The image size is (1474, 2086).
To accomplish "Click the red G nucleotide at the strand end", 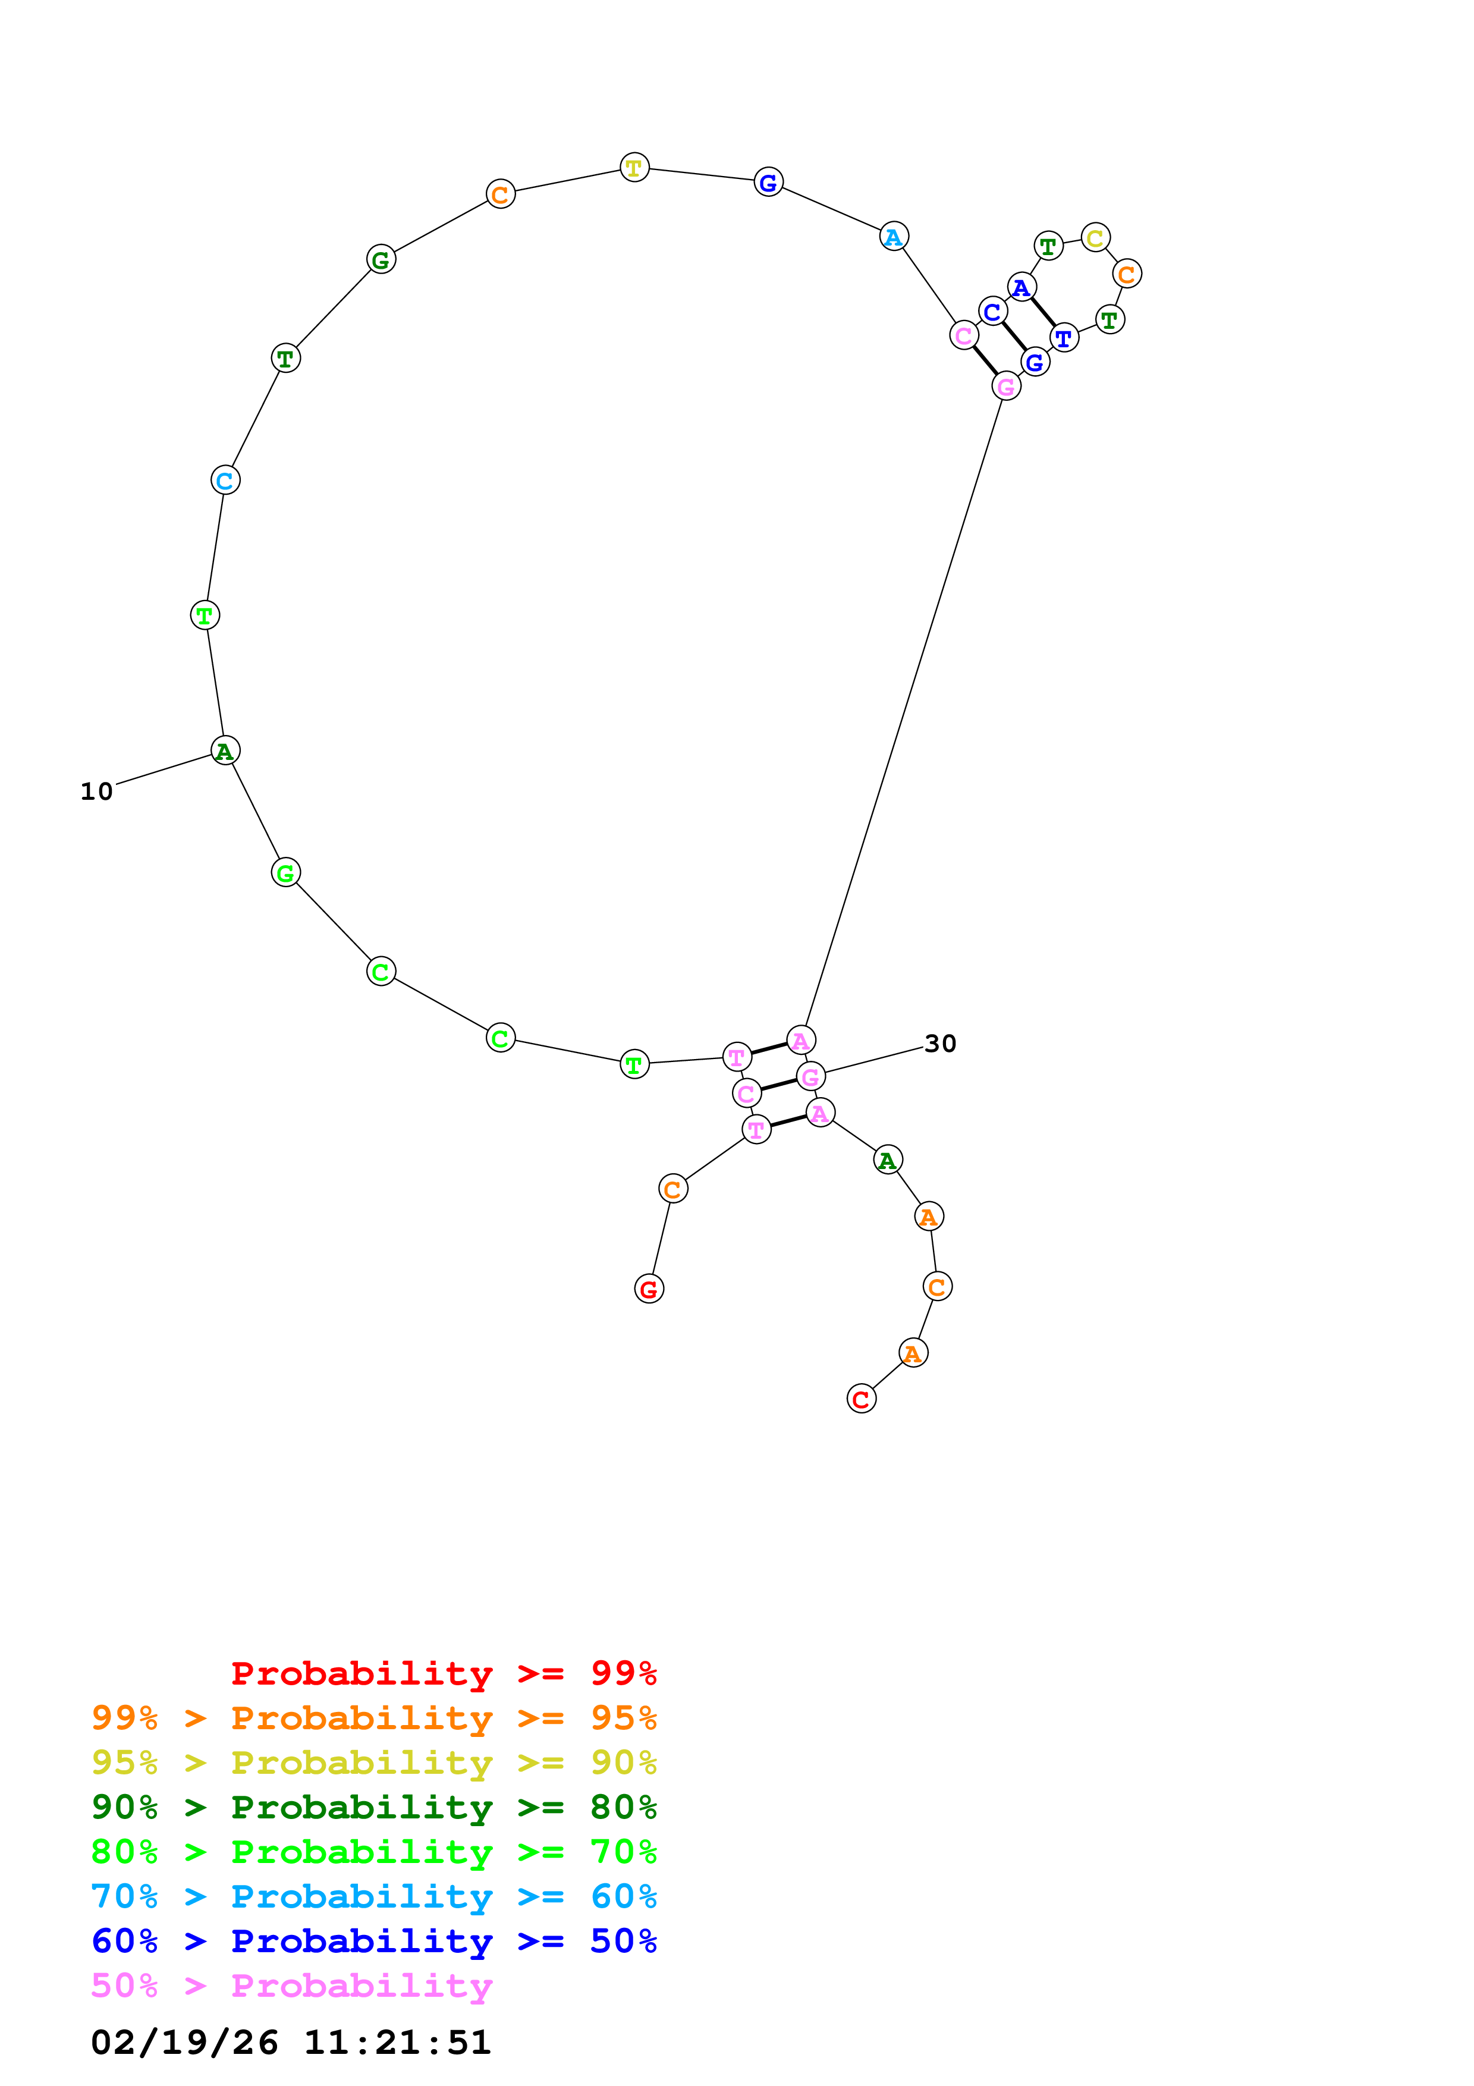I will [649, 1289].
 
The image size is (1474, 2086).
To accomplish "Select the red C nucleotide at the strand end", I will [861, 1399].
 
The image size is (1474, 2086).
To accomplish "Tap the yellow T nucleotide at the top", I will [634, 167].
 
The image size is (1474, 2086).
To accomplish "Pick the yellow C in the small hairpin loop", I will [1095, 238].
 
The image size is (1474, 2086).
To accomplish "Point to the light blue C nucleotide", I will [225, 480].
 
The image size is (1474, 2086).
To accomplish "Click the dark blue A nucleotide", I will [1022, 287].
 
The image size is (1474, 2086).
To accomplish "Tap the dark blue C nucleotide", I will [992, 312].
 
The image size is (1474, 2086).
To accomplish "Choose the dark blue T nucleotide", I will [1064, 338].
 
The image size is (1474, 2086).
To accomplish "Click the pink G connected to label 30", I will [810, 1077].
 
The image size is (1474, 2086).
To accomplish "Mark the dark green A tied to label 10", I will [225, 750].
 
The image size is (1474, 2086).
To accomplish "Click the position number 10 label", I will [96, 791].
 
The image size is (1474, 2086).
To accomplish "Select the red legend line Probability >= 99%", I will [443, 1673].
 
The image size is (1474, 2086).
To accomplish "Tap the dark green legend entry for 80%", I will [373, 1807].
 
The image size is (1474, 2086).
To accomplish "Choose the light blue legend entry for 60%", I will [373, 1896].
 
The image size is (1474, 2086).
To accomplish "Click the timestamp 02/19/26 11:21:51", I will [291, 2043].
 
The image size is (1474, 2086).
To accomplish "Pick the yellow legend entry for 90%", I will [373, 1763].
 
